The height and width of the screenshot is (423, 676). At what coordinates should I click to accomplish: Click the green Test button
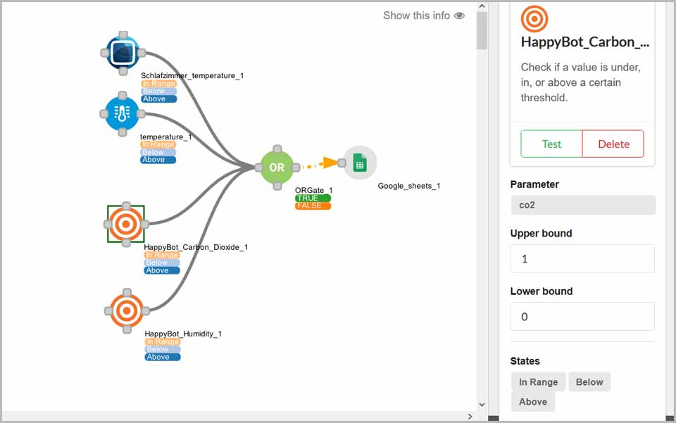551,144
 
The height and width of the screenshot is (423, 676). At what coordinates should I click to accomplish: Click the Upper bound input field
582,258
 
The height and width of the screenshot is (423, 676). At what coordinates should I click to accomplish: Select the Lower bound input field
582,317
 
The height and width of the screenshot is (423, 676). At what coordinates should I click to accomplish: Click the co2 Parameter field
583,205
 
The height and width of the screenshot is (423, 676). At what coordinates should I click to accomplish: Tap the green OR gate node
277,167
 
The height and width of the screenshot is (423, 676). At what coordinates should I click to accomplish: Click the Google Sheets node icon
360,163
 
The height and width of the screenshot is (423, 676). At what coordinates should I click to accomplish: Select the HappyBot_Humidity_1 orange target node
127,310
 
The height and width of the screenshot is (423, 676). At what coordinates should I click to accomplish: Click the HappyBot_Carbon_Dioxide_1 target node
126,224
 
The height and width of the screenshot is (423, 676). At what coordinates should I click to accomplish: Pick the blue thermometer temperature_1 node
122,114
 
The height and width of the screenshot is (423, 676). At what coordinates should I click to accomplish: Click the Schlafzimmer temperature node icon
123,53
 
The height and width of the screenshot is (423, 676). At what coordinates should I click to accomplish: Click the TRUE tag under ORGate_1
313,198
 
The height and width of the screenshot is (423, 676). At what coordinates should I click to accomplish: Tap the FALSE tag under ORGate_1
313,206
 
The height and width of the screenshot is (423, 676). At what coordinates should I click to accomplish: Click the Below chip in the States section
589,382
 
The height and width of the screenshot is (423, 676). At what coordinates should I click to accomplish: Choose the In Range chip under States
538,382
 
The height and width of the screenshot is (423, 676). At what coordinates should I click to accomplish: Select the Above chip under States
533,402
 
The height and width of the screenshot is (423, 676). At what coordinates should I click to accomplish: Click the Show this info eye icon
460,15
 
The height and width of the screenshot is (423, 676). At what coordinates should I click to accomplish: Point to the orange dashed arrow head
331,163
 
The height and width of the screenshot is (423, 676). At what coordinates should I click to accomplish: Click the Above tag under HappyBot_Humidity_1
163,357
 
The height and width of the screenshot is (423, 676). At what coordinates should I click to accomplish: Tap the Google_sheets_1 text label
408,186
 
